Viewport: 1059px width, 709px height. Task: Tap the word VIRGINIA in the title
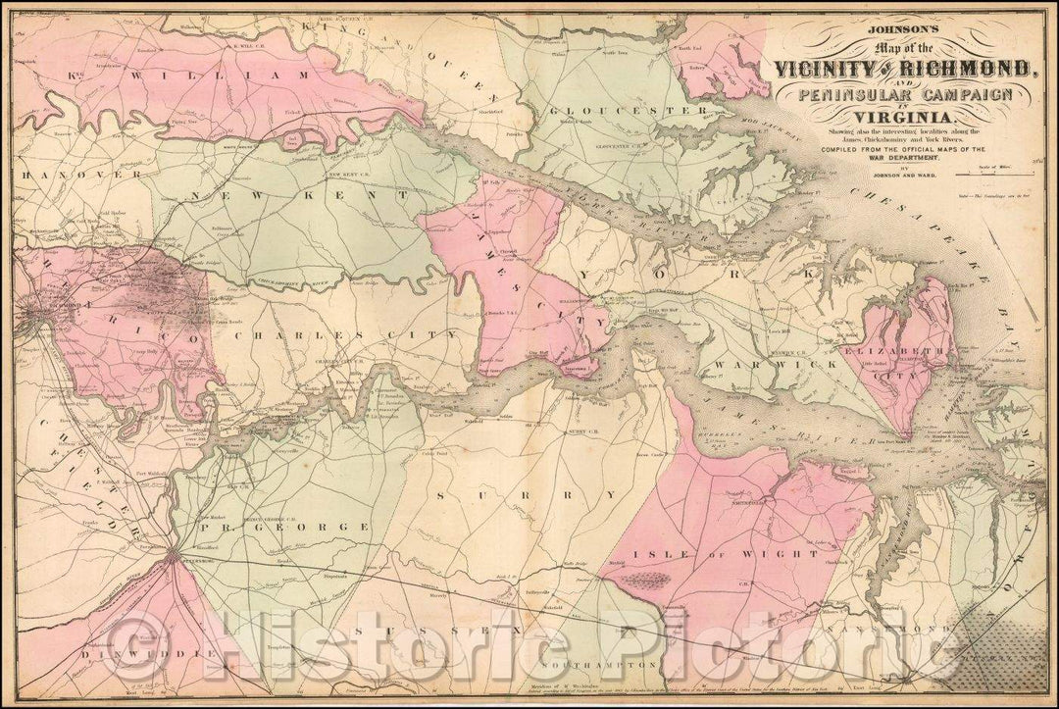coord(905,120)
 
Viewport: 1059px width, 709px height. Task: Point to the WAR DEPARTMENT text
coord(904,157)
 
